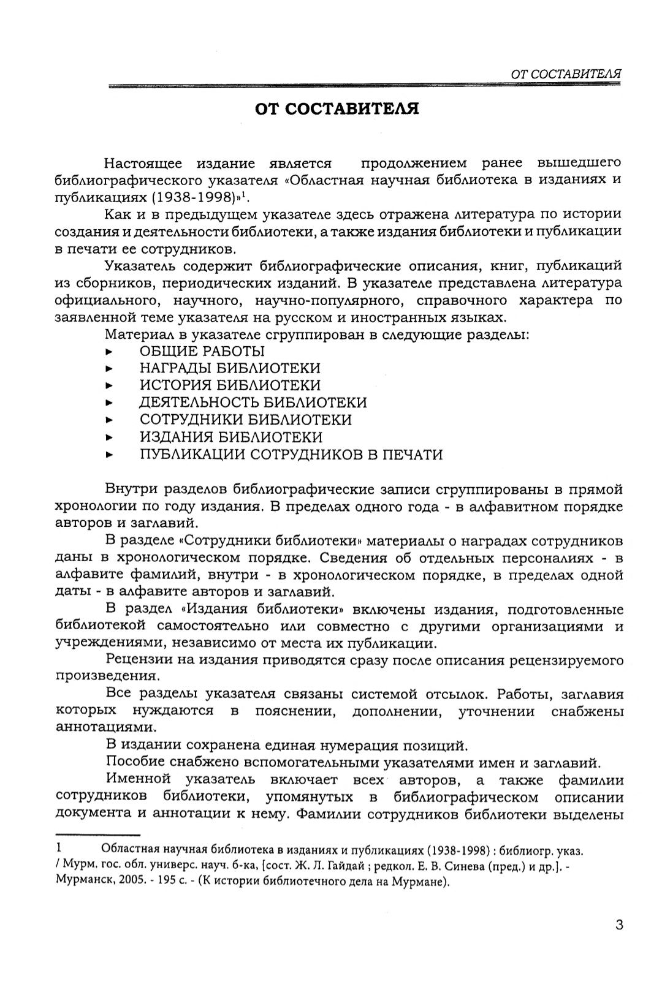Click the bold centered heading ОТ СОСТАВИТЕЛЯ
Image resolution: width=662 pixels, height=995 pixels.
pos(337,110)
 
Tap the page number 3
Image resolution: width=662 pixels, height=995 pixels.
pos(618,925)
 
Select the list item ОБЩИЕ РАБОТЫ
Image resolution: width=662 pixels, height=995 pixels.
pos(202,351)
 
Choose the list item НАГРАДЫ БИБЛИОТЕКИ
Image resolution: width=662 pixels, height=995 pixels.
pos(230,368)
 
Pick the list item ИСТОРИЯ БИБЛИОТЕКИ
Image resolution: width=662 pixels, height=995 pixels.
pos(230,385)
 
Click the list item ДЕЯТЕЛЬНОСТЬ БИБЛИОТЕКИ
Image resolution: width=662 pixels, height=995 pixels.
pos(253,403)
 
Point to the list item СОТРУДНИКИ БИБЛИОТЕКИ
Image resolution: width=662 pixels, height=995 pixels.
pos(246,420)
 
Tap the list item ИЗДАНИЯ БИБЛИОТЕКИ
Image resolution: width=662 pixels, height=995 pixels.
pos(231,437)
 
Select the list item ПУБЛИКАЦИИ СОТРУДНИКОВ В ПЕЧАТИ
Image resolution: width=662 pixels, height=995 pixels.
pos(291,455)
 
